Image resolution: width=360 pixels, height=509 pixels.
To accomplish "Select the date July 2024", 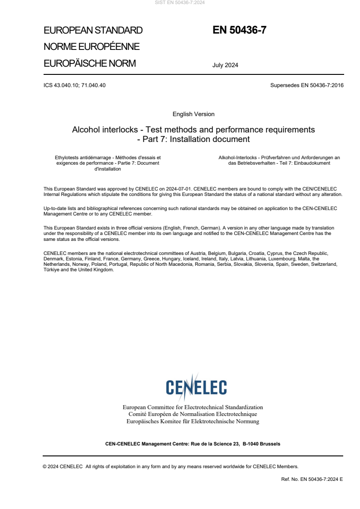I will (225, 65).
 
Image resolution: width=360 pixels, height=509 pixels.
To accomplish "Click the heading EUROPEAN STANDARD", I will (93, 30).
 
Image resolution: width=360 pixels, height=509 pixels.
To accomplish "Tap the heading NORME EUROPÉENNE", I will (91, 47).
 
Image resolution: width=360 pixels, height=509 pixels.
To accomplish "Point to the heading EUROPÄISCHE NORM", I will (89, 64).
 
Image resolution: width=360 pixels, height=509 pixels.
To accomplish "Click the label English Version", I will (193, 114).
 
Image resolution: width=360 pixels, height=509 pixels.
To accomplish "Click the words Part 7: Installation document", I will (197, 139).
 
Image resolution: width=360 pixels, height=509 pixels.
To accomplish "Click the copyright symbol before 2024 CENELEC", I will (44, 466).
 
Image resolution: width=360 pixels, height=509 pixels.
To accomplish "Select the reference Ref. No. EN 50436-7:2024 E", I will (312, 479).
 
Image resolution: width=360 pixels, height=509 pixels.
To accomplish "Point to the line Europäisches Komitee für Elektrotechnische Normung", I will (193, 421).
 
